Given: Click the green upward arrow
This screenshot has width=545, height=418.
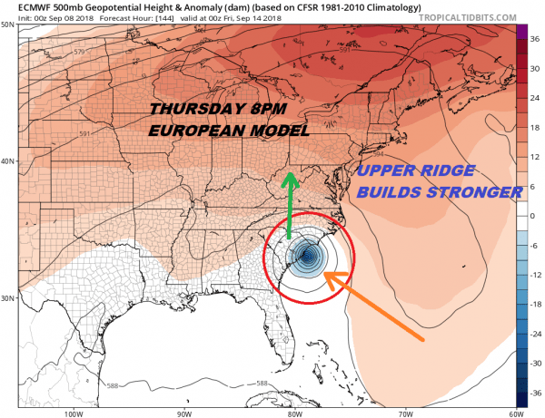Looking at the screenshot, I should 290,206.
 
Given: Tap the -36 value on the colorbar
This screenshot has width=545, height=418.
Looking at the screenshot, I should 536,394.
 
